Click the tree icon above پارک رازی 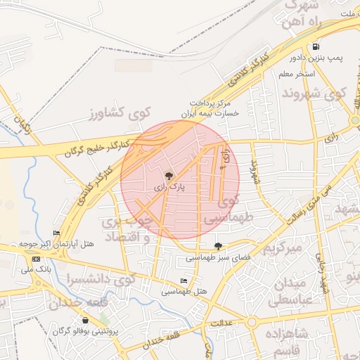point(169,175)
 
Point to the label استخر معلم point(297,74)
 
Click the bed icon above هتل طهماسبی point(184,281)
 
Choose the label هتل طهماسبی point(184,291)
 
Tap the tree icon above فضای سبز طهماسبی point(218,246)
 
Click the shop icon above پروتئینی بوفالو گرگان point(86,320)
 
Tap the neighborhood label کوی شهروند point(314,93)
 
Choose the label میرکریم point(282,249)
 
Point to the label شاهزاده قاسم point(288,341)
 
